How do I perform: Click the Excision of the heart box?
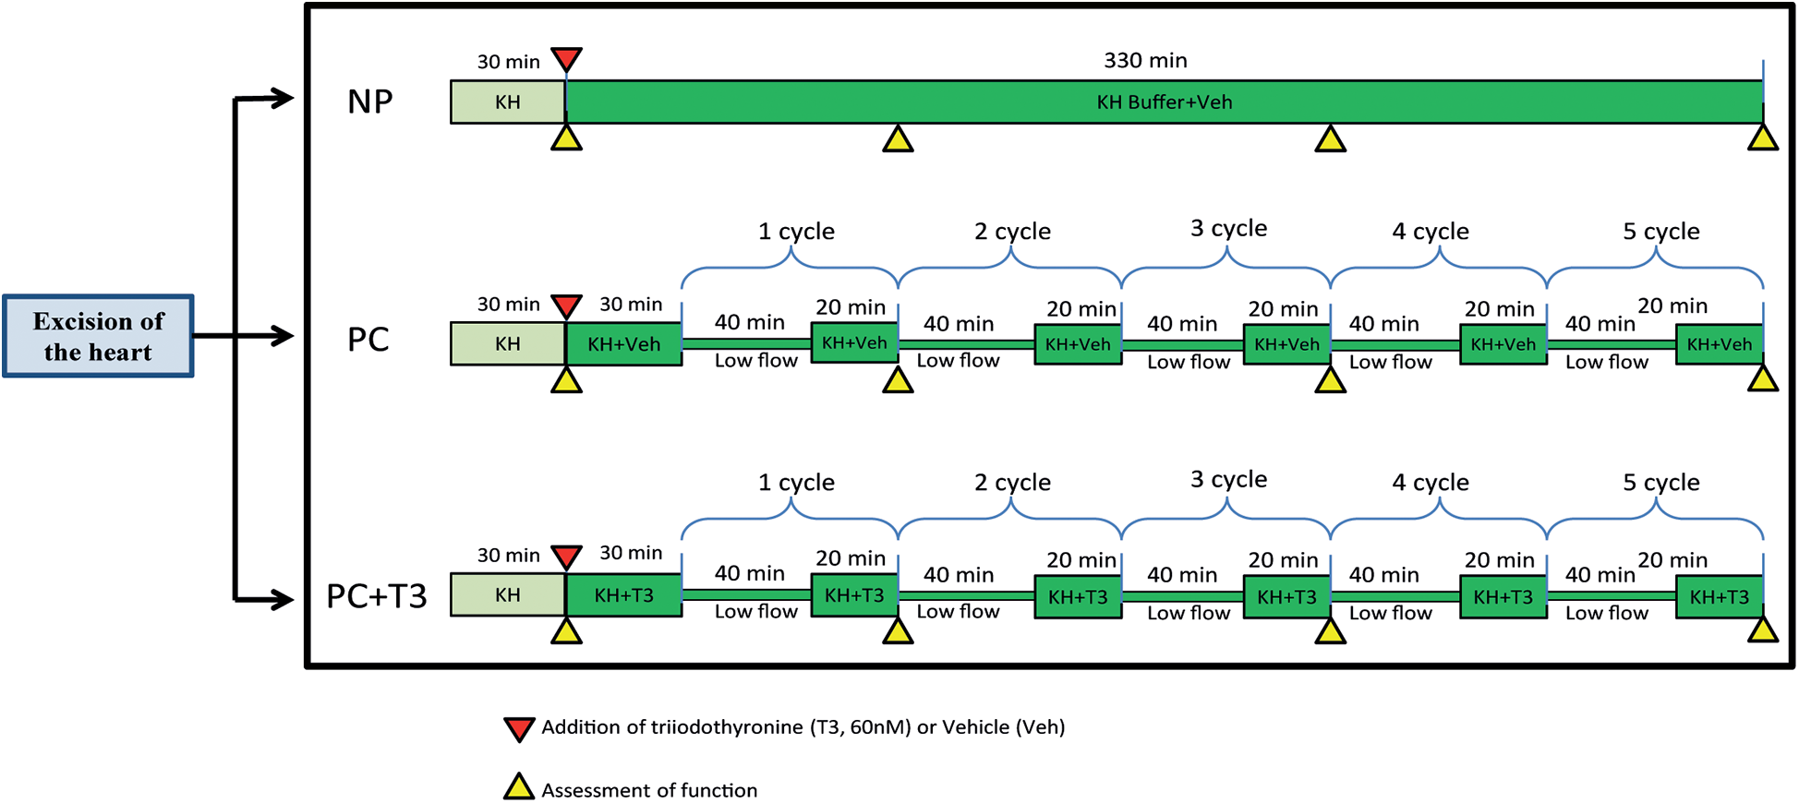(98, 336)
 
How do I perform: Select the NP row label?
(369, 102)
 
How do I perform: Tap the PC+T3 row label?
(376, 596)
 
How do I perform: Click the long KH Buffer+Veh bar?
(1164, 102)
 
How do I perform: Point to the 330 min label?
(1145, 61)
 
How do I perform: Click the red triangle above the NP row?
(566, 59)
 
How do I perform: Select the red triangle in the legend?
(519, 728)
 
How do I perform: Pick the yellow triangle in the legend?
(519, 787)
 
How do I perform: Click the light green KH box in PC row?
(507, 344)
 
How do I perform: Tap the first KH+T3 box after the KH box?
(623, 595)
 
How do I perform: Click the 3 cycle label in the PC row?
(1228, 228)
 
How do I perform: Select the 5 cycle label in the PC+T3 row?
(1660, 482)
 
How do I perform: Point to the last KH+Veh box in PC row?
(1719, 344)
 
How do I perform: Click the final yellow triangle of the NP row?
(1762, 139)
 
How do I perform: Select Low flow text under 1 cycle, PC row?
(755, 361)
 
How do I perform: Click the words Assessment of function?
(648, 790)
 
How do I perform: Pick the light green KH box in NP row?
(507, 102)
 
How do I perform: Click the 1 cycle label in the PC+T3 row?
(796, 482)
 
